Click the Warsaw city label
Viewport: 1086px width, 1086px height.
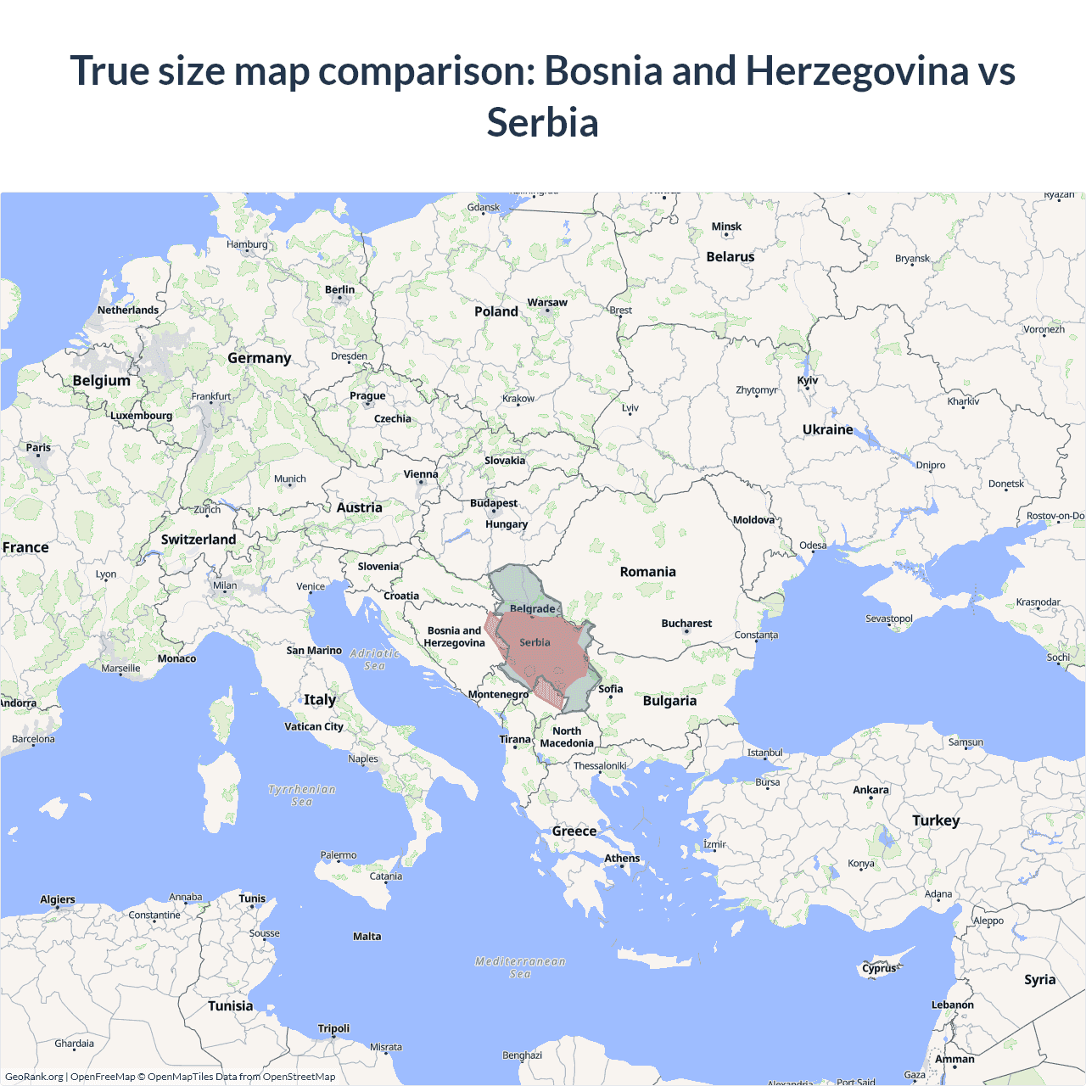click(x=547, y=303)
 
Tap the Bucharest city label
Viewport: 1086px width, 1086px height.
click(x=686, y=624)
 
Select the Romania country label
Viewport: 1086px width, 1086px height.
click(x=647, y=572)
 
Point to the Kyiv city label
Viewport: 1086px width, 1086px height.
click(x=808, y=380)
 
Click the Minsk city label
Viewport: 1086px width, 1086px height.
click(x=726, y=227)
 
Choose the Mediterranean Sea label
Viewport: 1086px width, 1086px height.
click(x=520, y=967)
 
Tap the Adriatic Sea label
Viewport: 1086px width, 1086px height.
click(x=374, y=659)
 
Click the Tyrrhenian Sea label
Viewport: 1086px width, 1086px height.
click(x=302, y=795)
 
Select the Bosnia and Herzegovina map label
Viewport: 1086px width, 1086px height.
click(x=454, y=636)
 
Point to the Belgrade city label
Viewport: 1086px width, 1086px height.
click(x=533, y=609)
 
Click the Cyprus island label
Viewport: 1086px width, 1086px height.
click(x=879, y=968)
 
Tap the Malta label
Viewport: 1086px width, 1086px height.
click(x=367, y=937)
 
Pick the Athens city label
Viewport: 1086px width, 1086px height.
click(x=622, y=859)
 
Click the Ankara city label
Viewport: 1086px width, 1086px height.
click(x=870, y=790)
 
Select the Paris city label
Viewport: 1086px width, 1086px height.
click(x=38, y=448)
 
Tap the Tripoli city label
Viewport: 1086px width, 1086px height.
click(x=333, y=1028)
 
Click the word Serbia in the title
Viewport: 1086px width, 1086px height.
click(x=542, y=122)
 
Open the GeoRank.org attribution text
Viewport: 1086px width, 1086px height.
click(x=34, y=1077)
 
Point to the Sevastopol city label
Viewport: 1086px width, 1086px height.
click(x=889, y=619)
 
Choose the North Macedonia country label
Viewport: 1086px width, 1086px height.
click(x=567, y=737)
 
